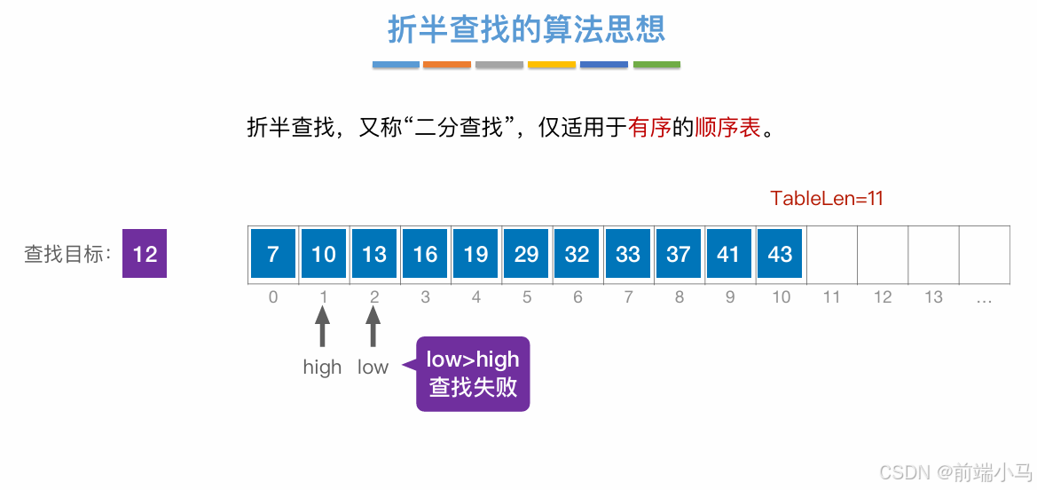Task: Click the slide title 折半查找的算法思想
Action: [x=526, y=30]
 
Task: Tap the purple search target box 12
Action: [x=145, y=254]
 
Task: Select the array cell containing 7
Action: [x=272, y=254]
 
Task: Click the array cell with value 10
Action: [x=323, y=254]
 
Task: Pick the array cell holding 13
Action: [x=373, y=254]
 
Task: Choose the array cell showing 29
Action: [x=526, y=254]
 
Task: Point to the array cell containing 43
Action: [x=780, y=254]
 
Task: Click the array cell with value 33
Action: [x=627, y=254]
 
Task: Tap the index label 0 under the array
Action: [x=272, y=297]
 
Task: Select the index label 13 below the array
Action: [x=933, y=297]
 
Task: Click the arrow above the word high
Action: [x=322, y=327]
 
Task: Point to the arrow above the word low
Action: [x=373, y=327]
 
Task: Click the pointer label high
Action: [x=322, y=367]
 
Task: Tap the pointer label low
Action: [x=373, y=367]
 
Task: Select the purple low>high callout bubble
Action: [x=473, y=373]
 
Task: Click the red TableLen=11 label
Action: [x=827, y=198]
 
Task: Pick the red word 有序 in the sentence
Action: [x=649, y=128]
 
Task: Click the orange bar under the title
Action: [x=447, y=65]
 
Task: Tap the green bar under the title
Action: [x=656, y=65]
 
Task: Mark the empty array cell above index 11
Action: [x=831, y=254]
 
